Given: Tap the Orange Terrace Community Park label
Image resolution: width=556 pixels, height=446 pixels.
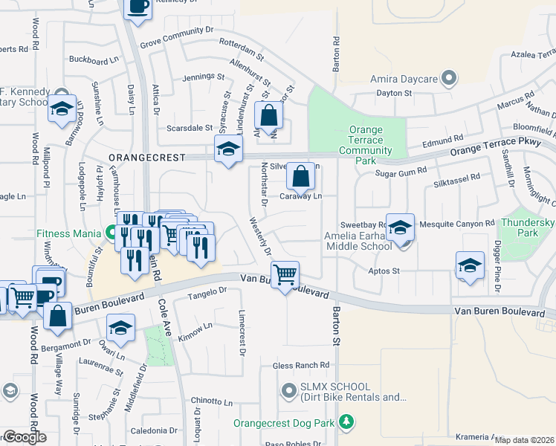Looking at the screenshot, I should pos(366,140).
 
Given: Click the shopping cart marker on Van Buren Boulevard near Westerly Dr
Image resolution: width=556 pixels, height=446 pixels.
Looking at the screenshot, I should pos(285,275).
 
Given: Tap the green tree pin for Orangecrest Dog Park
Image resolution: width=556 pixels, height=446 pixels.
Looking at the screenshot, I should pos(345,422).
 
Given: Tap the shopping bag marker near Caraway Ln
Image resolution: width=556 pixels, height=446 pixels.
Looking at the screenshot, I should pos(300,178).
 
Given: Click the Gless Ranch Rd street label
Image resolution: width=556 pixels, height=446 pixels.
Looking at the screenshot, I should pos(301,366).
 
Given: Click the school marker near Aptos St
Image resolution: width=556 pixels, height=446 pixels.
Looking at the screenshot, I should pos(470,266).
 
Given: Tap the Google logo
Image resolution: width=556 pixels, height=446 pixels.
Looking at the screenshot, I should pos(24,437).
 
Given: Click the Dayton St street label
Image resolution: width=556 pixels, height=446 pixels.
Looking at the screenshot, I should pos(394,93).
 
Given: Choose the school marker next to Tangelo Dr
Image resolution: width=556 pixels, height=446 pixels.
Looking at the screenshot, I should pos(120,328).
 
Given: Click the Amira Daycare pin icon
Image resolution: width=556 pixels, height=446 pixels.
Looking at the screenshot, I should pos(448,78).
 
